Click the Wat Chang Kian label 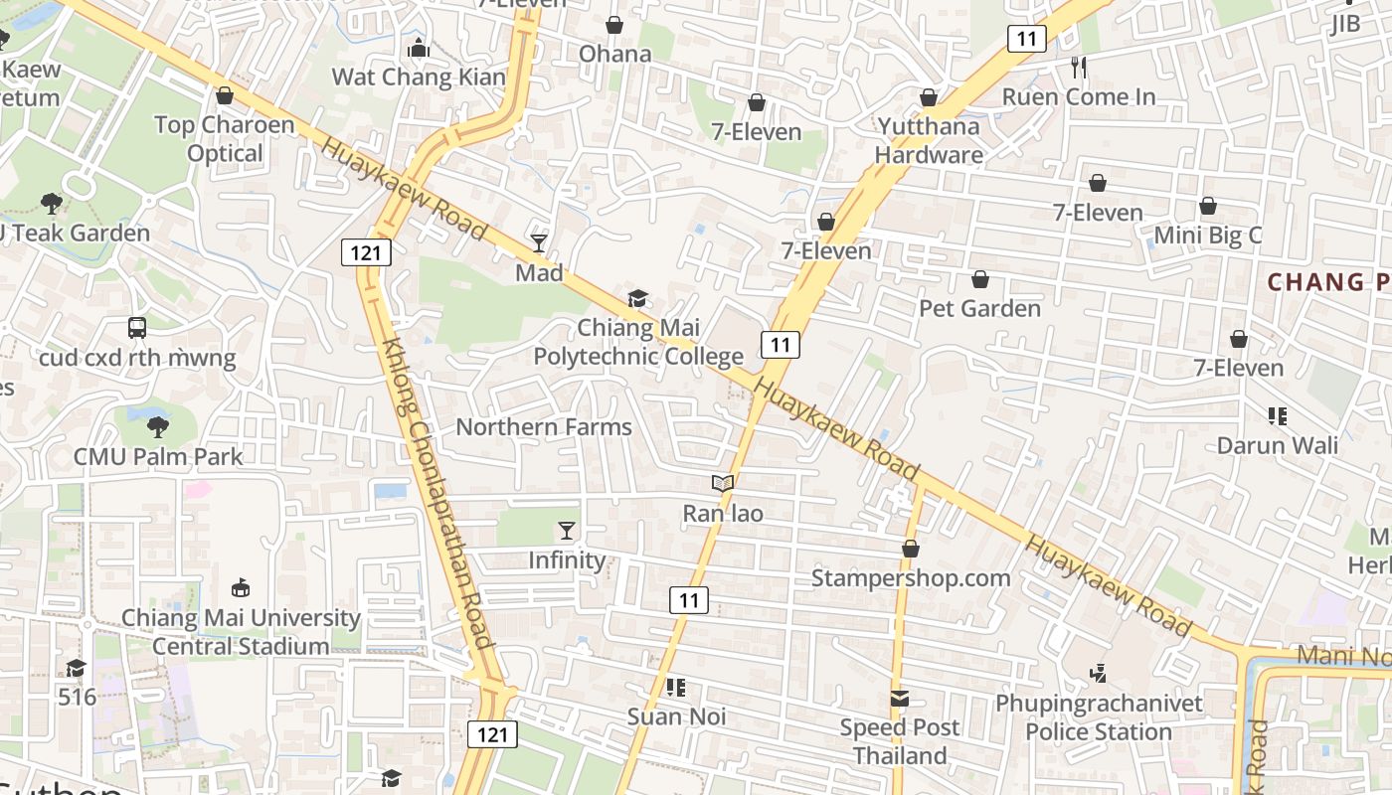click(419, 77)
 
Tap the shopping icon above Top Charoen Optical click(225, 95)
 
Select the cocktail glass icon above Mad click(539, 242)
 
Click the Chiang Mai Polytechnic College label click(639, 342)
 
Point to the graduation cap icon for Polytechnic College click(637, 298)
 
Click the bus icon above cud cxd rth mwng click(137, 327)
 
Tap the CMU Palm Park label click(158, 457)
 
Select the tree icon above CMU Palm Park click(157, 427)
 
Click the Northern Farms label click(544, 427)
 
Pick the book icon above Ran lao click(723, 484)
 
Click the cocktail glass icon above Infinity click(567, 531)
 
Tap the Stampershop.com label click(911, 577)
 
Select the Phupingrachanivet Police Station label click(1099, 717)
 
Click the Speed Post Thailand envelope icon click(900, 699)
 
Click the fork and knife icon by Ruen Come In click(1079, 68)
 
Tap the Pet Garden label click(979, 308)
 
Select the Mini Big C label click(1207, 236)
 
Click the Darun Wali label click(1278, 445)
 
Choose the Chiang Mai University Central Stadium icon click(240, 588)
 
